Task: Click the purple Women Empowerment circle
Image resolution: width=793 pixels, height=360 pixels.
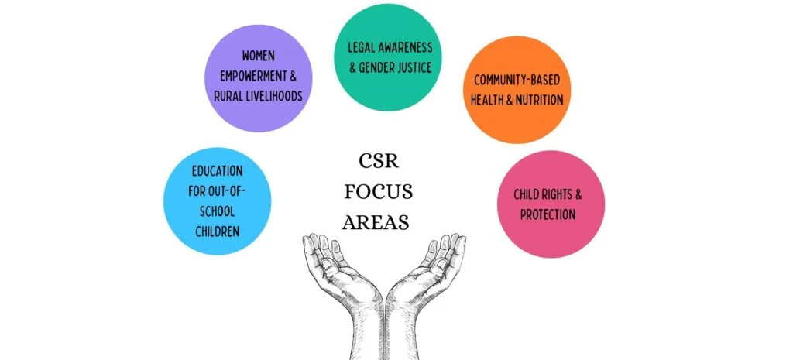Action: (259, 77)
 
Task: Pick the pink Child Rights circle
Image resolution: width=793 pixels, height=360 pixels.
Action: (550, 204)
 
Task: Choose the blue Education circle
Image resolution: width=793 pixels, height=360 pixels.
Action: (218, 201)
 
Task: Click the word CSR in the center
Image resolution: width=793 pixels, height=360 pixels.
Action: (379, 161)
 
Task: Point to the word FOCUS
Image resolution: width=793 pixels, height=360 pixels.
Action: (379, 191)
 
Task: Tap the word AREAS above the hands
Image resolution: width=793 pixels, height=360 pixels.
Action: (379, 222)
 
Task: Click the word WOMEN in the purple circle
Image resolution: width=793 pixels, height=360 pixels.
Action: (259, 57)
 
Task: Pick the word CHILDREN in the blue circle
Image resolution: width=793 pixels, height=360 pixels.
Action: (217, 231)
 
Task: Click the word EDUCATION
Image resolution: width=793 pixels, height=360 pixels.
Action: (218, 170)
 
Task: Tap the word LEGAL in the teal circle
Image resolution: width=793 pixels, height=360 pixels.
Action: (364, 47)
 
